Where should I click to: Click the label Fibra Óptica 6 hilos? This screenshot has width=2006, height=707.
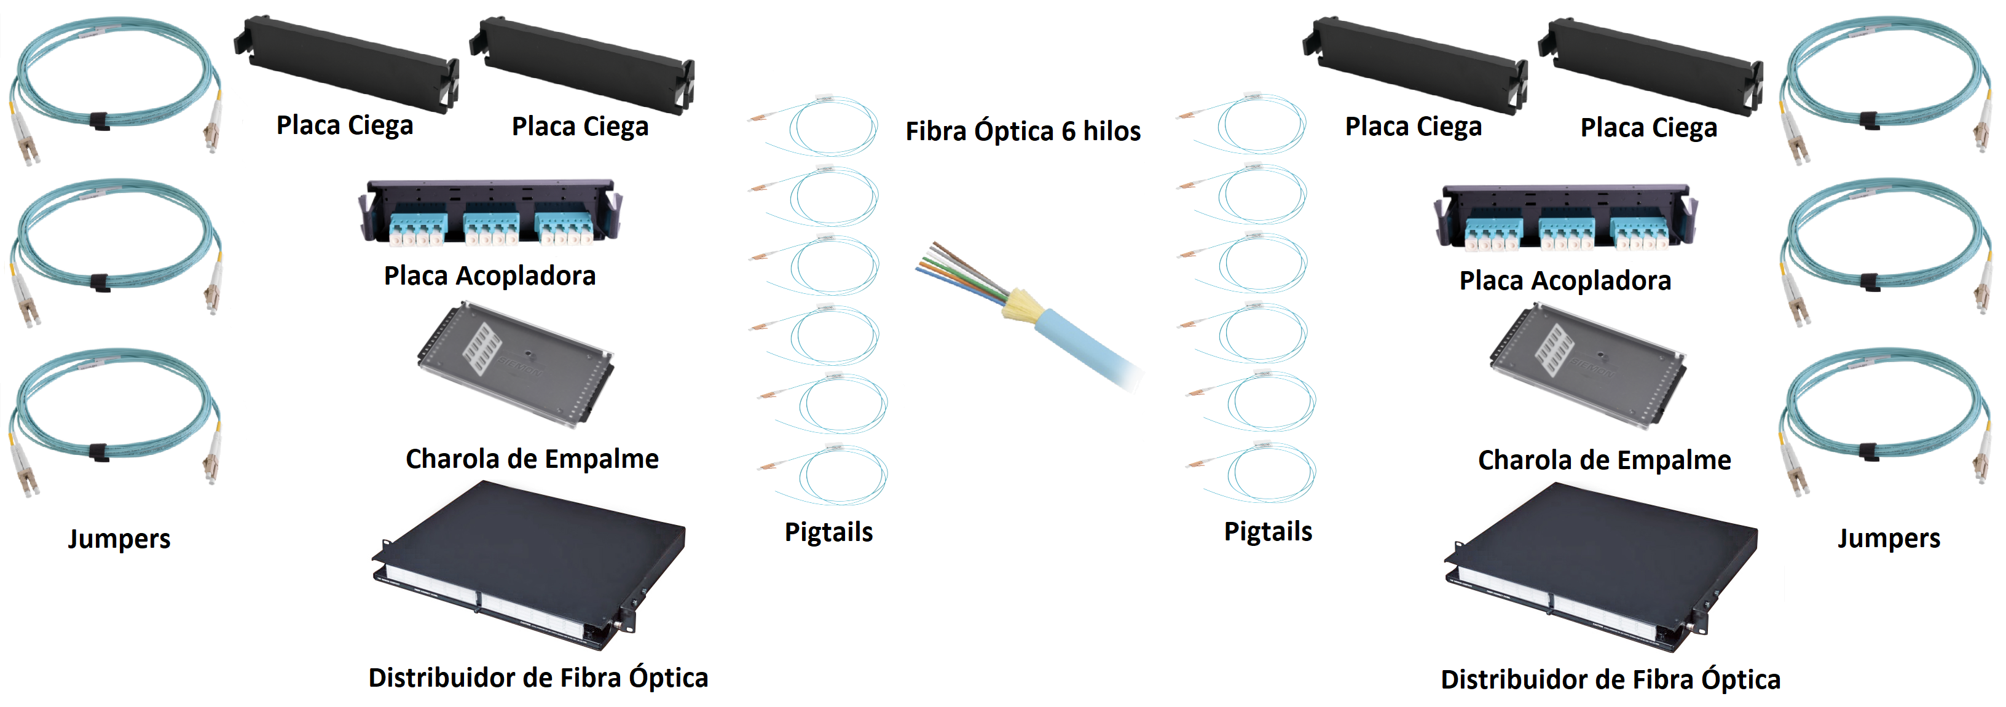point(1023,131)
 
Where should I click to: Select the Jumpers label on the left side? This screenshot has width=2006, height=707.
point(119,539)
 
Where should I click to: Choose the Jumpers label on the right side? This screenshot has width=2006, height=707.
point(1889,538)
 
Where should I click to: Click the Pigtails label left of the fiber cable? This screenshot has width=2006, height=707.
point(828,532)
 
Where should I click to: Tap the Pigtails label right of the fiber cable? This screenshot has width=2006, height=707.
point(1268,531)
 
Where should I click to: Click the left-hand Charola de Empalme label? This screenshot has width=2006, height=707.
point(532,459)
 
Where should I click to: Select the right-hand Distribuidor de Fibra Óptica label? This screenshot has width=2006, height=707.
point(1610,679)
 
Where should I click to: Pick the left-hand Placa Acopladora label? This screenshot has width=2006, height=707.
point(490,275)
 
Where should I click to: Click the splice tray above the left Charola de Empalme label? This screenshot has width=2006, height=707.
point(516,365)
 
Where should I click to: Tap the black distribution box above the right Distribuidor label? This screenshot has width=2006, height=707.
point(1600,567)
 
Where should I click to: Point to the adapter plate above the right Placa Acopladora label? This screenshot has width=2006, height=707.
point(1565,218)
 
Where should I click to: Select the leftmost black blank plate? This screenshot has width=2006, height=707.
point(347,64)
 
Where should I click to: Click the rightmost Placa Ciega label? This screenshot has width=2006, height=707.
point(1648,127)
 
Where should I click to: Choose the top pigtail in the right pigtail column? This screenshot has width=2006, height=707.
point(1243,125)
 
